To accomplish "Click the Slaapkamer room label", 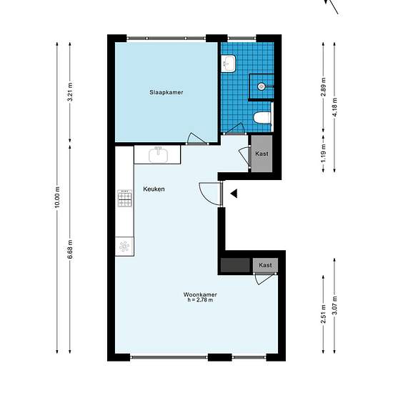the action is coord(166,92).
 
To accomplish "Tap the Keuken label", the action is coord(154,189).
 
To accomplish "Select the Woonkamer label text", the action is coord(200,294).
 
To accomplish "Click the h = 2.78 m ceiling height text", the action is coord(200,300).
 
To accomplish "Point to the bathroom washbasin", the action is coord(229,64).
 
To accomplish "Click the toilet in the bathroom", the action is coord(263,118).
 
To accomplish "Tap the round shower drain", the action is coord(261,86).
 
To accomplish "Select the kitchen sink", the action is coord(158,155).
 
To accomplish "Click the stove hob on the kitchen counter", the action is coord(124,198).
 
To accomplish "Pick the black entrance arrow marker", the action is coord(234,194).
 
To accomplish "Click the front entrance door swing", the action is coord(209,194).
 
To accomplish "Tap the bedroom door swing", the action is coord(196,139).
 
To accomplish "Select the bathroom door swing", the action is coord(234,129).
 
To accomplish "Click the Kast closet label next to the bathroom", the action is coord(262,154).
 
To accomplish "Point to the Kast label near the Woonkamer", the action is coord(265,265).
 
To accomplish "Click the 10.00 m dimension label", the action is coord(57,196).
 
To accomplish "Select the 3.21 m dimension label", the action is coord(70,91).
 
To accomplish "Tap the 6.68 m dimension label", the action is coord(70,249).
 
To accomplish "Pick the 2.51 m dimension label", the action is coord(324,314).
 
